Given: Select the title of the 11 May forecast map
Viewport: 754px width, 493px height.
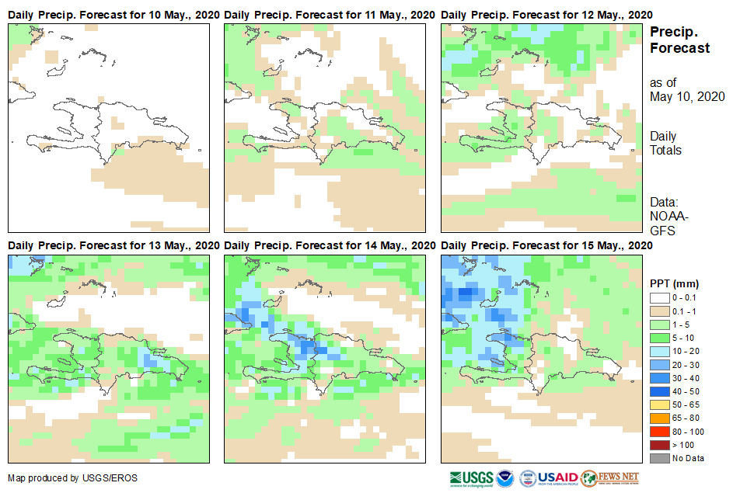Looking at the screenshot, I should [x=330, y=15].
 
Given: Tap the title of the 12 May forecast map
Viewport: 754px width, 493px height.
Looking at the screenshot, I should [x=547, y=15].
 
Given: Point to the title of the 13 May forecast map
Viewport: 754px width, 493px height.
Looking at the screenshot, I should [x=113, y=245].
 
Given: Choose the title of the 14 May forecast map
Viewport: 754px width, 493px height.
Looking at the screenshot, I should [x=330, y=245].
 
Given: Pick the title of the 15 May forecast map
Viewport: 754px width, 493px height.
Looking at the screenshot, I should [x=547, y=245].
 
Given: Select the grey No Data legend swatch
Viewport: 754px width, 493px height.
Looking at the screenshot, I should [x=659, y=457].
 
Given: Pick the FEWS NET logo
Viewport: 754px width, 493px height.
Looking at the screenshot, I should [x=610, y=477].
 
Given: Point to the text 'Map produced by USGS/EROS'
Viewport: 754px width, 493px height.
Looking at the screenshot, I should [x=72, y=477].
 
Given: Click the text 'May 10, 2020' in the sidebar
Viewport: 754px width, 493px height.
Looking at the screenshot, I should [x=687, y=96].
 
